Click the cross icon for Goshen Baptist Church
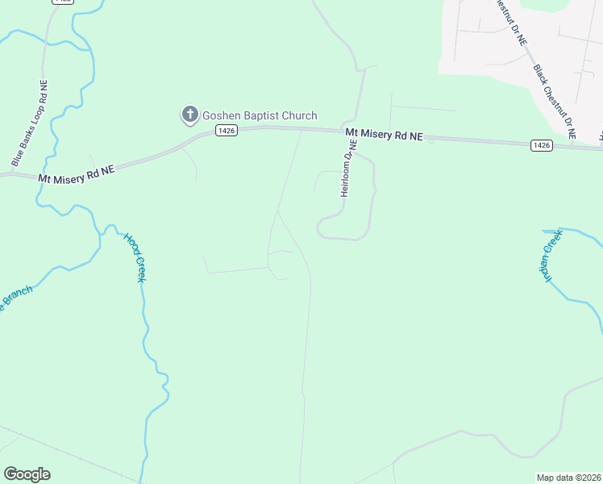(x=190, y=115)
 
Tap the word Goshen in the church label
(x=223, y=115)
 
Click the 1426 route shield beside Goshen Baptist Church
(x=227, y=131)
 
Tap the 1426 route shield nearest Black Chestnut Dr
(x=542, y=145)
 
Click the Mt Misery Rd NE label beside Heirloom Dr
(x=384, y=135)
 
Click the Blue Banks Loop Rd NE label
(x=30, y=123)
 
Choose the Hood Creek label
(x=135, y=257)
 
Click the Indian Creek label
(x=551, y=255)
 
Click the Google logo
(x=27, y=474)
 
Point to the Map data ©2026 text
(x=569, y=478)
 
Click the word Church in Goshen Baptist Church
(x=300, y=115)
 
